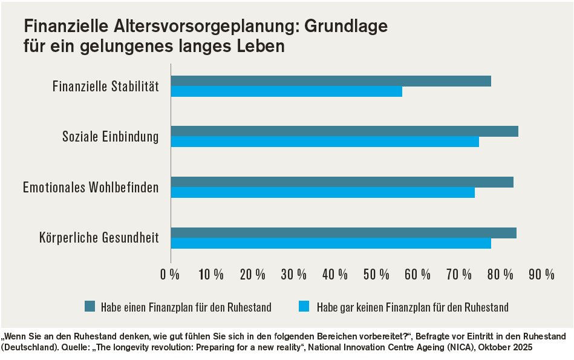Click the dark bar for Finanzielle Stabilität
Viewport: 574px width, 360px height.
tap(331, 81)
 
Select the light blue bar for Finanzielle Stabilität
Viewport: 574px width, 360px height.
tap(287, 91)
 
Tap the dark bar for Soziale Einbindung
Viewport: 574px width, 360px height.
tap(345, 131)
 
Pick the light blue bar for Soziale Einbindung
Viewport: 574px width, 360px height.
tap(325, 142)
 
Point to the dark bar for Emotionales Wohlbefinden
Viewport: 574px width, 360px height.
tap(342, 182)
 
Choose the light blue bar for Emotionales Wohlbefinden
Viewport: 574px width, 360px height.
tap(323, 192)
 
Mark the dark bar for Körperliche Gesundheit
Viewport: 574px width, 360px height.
tap(344, 233)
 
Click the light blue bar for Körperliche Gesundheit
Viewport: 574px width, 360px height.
tap(331, 243)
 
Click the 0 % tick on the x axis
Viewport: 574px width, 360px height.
tap(170, 274)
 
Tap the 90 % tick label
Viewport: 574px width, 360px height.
tap(541, 274)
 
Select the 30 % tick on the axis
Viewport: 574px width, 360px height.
tap(294, 274)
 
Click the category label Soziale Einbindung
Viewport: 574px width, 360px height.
tap(111, 137)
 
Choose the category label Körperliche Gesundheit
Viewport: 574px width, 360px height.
tap(99, 238)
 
